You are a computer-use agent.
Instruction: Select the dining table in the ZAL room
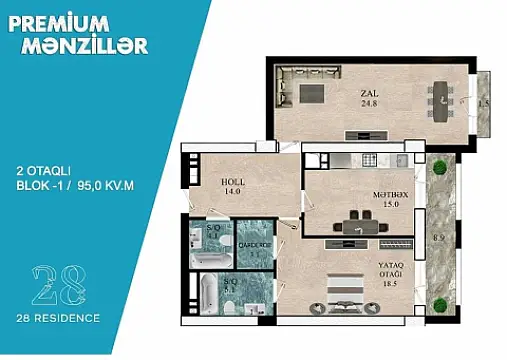pos(441,96)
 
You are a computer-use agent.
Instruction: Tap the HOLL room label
pos(233,182)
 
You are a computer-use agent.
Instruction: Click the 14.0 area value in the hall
pos(233,192)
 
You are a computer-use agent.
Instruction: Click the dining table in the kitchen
pos(358,223)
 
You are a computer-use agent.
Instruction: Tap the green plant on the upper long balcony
pos(440,167)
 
